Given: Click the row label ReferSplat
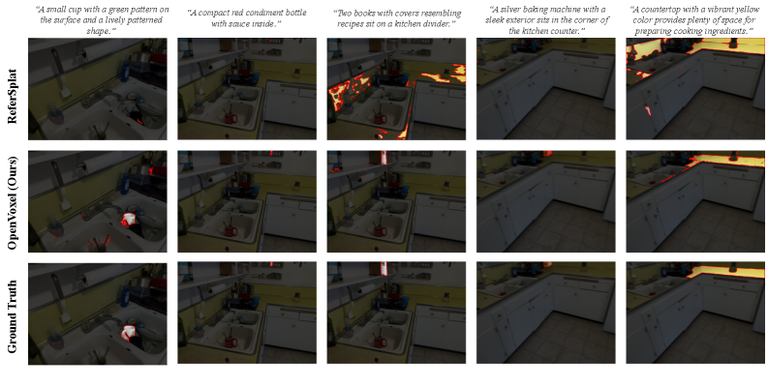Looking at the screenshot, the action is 13,89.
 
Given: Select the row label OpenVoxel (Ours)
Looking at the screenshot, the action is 13,202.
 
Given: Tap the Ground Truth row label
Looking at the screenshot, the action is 13,315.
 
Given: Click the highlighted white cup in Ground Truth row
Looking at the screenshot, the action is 129,333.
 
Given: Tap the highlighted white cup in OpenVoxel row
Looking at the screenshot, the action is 129,220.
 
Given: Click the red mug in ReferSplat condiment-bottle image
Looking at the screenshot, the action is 230,119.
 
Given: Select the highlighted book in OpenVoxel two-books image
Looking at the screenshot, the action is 384,157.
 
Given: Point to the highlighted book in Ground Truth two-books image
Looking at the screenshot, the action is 384,269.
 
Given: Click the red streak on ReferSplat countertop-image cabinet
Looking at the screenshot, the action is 649,110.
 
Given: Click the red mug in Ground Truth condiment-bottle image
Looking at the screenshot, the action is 230,343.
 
